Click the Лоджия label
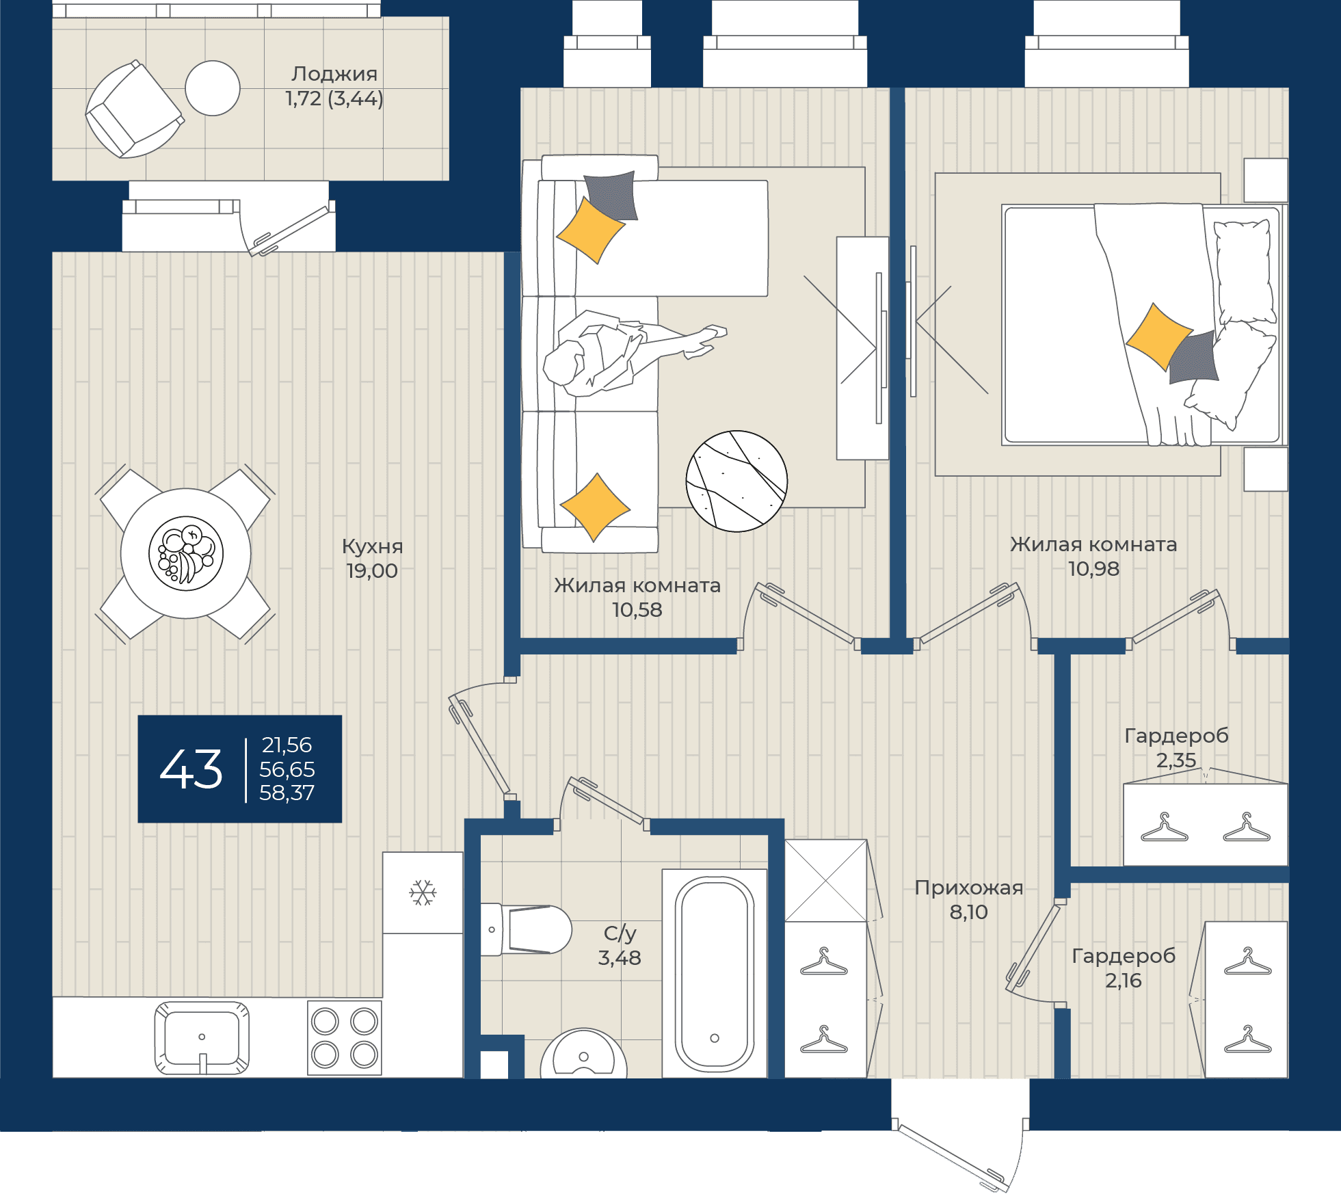coord(334,74)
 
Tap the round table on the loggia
coord(213,88)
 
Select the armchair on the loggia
coord(134,109)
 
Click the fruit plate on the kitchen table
coord(186,553)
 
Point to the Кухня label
coord(372,546)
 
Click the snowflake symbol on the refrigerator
coord(423,892)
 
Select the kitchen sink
coord(202,1037)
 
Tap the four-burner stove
coord(345,1037)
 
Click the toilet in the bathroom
coord(526,929)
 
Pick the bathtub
coord(715,973)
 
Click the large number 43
coord(191,769)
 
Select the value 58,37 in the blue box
coord(287,793)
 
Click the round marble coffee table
coord(736,481)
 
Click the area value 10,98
coord(1094,569)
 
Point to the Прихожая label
coord(969,888)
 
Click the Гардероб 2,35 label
coord(1176,747)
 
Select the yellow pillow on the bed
coord(1159,337)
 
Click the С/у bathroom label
coord(620,933)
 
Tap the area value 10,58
coord(637,610)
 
